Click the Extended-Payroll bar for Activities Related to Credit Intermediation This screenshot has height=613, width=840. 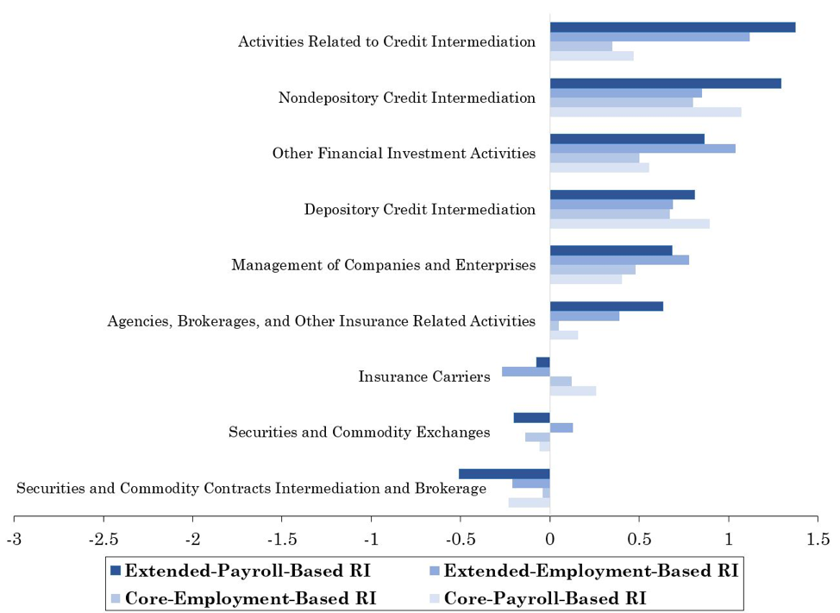[x=672, y=27]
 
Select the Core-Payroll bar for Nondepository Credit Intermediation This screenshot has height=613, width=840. [x=645, y=112]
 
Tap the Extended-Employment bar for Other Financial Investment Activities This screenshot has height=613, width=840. [x=643, y=149]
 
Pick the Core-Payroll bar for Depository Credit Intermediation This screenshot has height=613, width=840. [x=630, y=224]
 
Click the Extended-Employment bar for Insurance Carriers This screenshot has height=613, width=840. [x=526, y=371]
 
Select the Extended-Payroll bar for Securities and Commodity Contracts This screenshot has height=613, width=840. [x=505, y=473]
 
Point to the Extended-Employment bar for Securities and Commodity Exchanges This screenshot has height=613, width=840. [x=561, y=427]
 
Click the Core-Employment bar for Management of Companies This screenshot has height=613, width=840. [x=592, y=269]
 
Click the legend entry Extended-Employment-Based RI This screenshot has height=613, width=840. [x=590, y=571]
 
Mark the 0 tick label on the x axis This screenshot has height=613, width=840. [x=549, y=540]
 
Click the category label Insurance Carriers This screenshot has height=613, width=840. [x=424, y=377]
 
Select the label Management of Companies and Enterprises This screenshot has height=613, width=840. [x=384, y=265]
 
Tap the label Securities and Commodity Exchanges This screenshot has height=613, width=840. [x=360, y=433]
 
